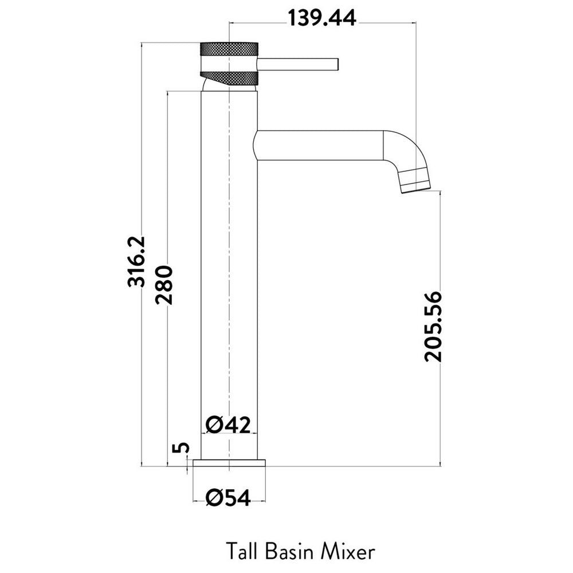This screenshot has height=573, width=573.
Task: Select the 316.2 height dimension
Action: click(136, 262)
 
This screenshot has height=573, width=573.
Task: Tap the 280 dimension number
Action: click(164, 285)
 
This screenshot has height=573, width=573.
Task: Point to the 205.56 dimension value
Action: click(433, 327)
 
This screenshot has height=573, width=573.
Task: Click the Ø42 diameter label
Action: click(228, 425)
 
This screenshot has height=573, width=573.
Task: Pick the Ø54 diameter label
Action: click(228, 498)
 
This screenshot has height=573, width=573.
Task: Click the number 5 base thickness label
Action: click(182, 448)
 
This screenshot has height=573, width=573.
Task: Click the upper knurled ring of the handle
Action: click(229, 49)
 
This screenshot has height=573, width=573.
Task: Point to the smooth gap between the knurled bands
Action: click(229, 62)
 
